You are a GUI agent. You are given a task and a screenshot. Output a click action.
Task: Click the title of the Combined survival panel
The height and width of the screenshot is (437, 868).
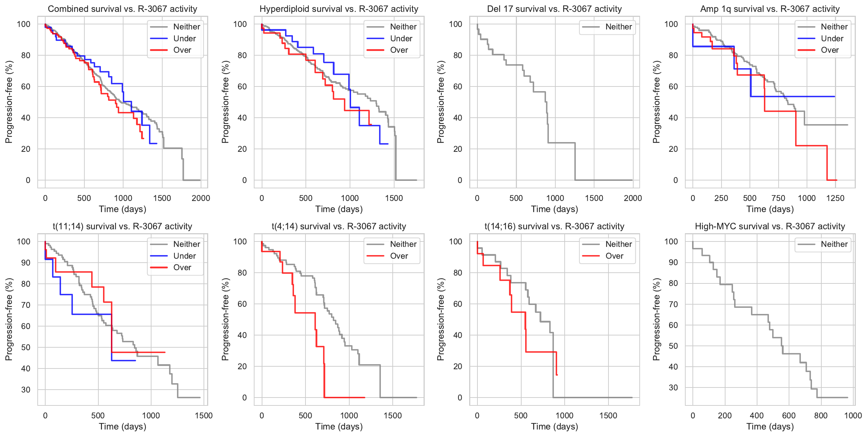pos(122,9)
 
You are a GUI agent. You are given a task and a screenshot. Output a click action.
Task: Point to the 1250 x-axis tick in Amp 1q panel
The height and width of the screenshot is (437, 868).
pos(835,198)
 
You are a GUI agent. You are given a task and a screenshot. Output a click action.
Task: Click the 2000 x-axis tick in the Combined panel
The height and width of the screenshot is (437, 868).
pos(201,198)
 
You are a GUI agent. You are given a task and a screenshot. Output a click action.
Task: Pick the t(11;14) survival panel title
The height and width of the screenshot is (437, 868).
pos(122,226)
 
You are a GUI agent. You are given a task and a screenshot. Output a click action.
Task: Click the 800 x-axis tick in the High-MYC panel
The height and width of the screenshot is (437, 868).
pos(821,415)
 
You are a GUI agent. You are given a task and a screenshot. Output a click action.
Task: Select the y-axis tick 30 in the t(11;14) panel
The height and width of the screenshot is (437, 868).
pos(26,390)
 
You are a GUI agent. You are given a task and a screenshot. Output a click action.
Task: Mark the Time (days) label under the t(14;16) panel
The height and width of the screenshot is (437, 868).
pos(555,427)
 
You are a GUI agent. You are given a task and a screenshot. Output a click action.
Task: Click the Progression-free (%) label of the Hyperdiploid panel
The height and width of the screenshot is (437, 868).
pos(225,102)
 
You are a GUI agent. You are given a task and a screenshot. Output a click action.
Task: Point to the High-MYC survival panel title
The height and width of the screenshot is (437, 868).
pos(770,226)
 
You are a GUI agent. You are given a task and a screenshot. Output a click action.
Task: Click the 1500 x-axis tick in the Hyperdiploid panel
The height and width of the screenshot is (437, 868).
pos(394,198)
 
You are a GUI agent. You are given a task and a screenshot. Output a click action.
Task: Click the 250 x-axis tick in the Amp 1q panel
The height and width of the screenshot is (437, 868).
pos(721,198)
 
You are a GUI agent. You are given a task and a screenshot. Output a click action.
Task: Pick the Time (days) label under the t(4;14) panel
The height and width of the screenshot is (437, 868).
pos(339,427)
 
